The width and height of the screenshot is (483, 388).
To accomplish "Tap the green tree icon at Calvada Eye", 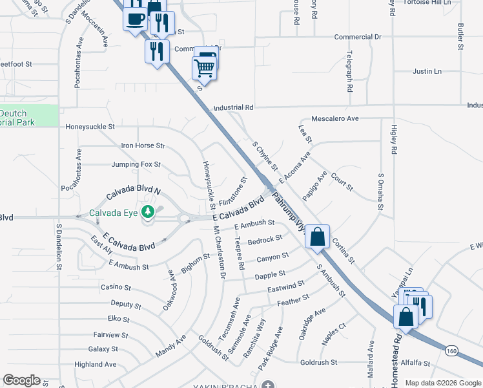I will tap(148, 211).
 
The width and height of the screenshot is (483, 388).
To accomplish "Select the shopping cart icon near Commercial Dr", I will tap(204, 67).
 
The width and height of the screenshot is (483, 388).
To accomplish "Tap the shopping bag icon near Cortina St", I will tap(318, 237).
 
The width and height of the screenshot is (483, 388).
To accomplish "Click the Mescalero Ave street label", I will tap(334, 119).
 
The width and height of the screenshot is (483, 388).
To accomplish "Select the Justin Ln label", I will tap(427, 71).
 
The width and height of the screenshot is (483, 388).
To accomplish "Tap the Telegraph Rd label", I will tap(349, 71).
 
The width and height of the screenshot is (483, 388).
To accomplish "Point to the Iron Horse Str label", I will tap(143, 146).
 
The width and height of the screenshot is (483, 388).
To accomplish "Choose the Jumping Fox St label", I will tap(136, 165).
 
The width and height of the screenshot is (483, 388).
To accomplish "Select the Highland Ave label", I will tap(96, 365).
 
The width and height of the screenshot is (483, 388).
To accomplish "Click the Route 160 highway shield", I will tap(451, 350).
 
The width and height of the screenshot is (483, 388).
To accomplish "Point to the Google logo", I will tap(21, 380).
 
